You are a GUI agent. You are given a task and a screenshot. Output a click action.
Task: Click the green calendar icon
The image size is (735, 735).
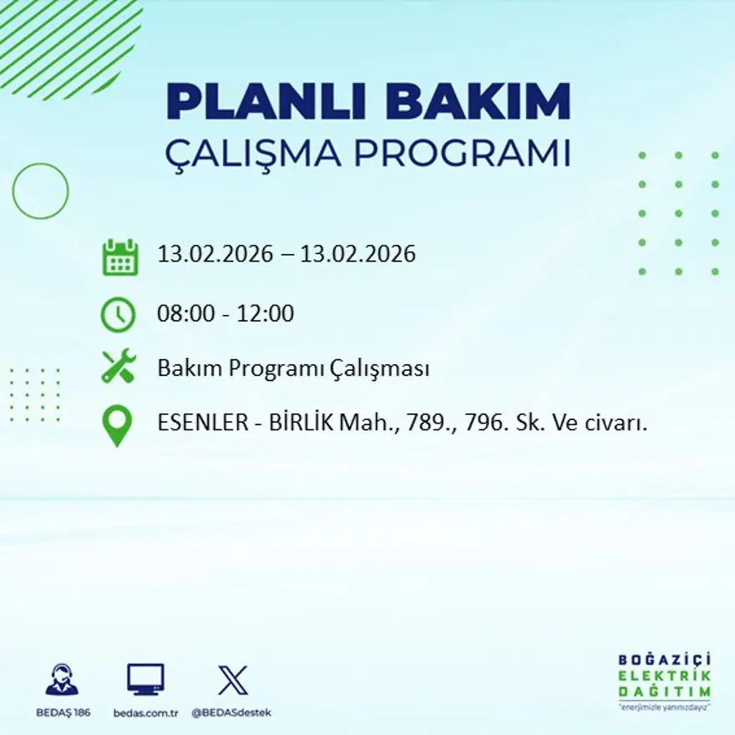pyautogui.click(x=120, y=257)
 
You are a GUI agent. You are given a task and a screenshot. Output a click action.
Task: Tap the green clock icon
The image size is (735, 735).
pyautogui.click(x=118, y=315)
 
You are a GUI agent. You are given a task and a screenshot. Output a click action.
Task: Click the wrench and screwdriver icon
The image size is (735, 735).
pyautogui.click(x=119, y=367)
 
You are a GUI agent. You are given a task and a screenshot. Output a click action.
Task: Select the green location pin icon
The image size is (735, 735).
pyautogui.click(x=118, y=425)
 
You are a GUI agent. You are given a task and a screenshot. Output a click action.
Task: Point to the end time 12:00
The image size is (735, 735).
pyautogui.click(x=267, y=314)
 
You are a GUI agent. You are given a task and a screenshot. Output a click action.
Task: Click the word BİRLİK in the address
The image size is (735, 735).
pyautogui.click(x=301, y=423)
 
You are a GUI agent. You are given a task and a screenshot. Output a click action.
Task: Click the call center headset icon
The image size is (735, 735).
pyautogui.click(x=62, y=680)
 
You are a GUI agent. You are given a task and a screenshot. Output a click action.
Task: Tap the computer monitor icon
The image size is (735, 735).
pyautogui.click(x=145, y=680)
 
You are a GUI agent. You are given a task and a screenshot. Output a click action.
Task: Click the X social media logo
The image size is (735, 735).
pyautogui.click(x=232, y=680)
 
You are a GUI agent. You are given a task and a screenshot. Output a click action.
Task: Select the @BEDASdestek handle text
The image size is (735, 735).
pyautogui.click(x=231, y=712)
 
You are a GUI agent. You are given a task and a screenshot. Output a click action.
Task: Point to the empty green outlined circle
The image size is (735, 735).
pyautogui.click(x=40, y=191)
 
